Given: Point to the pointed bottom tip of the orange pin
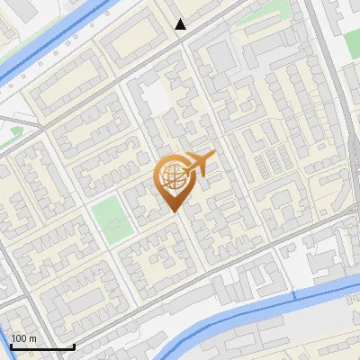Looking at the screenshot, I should point(175,211).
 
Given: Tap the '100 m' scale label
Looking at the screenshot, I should point(24,338).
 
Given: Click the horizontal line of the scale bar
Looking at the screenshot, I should point(42,347).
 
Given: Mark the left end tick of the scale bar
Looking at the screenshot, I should point(11,345).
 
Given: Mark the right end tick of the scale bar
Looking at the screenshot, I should point(74,345).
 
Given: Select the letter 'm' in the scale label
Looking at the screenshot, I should point(32,338).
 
